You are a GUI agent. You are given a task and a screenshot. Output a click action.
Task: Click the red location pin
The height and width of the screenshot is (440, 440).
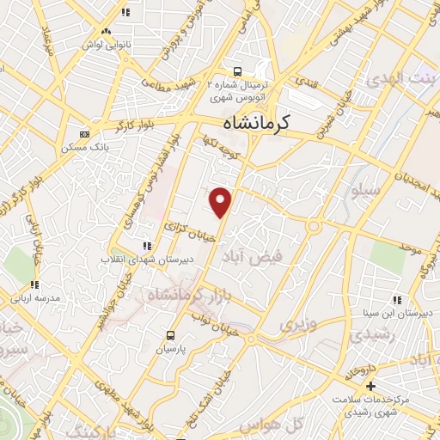coord(222,201)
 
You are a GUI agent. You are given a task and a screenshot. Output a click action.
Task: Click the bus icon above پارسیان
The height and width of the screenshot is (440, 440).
coord(170,335)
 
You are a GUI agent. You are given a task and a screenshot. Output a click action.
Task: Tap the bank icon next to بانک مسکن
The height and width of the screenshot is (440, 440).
coord(83,134)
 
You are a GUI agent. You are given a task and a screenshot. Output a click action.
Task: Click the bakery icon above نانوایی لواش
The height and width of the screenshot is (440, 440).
coord(107,31)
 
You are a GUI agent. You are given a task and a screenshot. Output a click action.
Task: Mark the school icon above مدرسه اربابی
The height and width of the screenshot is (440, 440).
coord(34,284)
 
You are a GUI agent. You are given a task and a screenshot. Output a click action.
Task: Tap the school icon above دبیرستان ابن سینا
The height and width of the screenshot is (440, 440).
coord(396,300)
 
